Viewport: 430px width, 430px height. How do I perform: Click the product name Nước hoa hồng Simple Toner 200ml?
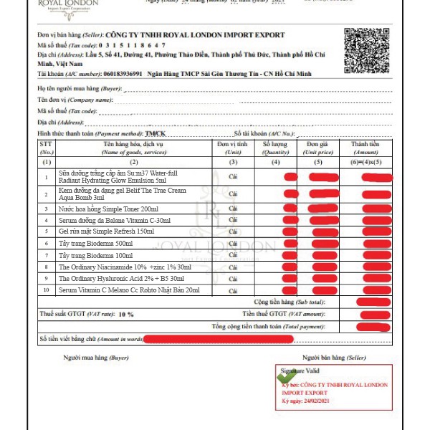point(108,208)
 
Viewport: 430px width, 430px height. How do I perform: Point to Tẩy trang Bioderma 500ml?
point(95,244)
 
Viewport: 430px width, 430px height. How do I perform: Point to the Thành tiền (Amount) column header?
point(365,148)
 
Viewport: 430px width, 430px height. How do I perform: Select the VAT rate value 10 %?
point(125,315)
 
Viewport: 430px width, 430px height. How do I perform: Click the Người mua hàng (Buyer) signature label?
point(96,357)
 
